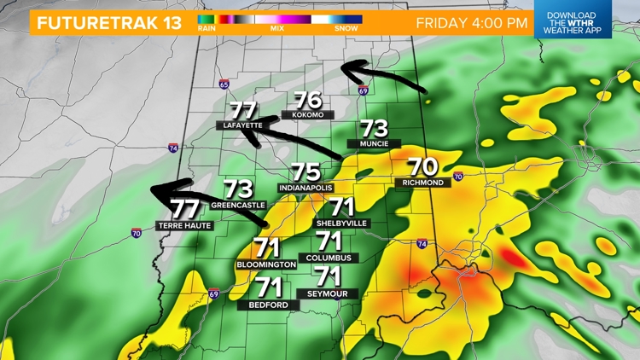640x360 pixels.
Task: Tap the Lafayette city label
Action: (242, 125)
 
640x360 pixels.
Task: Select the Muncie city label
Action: (375, 143)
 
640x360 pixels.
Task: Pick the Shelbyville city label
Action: (341, 222)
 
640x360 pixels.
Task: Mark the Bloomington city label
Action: (266, 264)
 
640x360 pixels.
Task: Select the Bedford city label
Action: (269, 304)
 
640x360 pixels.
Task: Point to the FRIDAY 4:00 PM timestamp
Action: (471, 22)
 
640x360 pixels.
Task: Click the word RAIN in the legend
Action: (206, 28)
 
